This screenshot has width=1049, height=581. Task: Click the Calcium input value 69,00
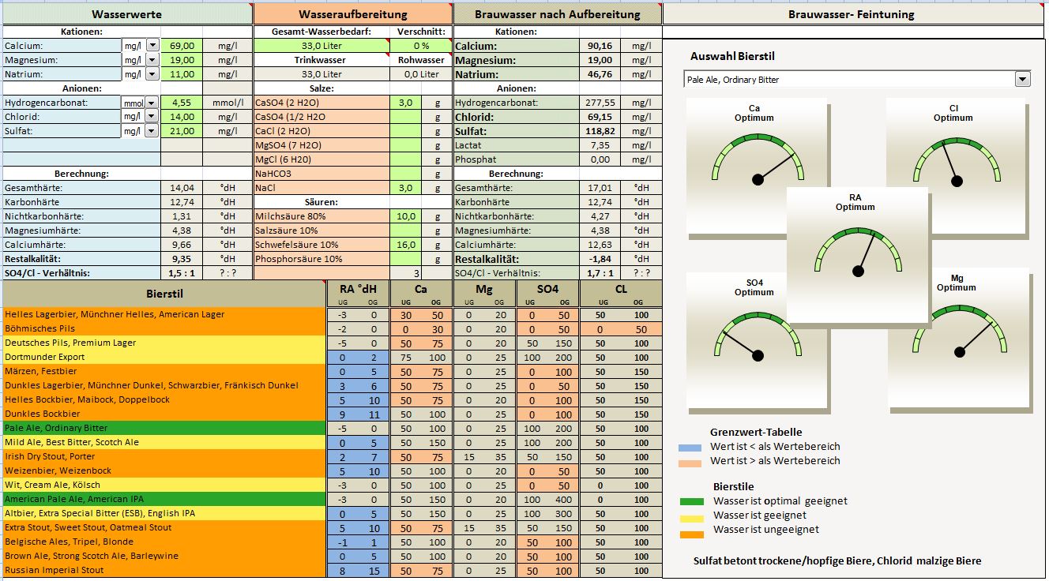(182, 46)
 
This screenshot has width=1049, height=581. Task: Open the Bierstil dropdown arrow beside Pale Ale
(1023, 79)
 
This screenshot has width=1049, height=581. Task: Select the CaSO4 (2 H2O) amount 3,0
(406, 103)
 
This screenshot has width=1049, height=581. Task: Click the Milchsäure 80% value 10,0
(406, 216)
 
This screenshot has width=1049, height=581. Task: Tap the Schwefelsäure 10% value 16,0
(406, 245)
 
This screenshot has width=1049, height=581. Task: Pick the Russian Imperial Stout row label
(54, 570)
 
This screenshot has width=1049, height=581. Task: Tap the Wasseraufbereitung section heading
(353, 14)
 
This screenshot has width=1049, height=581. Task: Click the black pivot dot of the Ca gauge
(758, 180)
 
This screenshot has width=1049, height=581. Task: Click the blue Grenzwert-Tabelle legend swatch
(690, 447)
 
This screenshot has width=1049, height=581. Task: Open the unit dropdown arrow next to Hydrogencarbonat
(152, 103)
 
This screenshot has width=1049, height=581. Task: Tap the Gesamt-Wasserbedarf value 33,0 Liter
(322, 46)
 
